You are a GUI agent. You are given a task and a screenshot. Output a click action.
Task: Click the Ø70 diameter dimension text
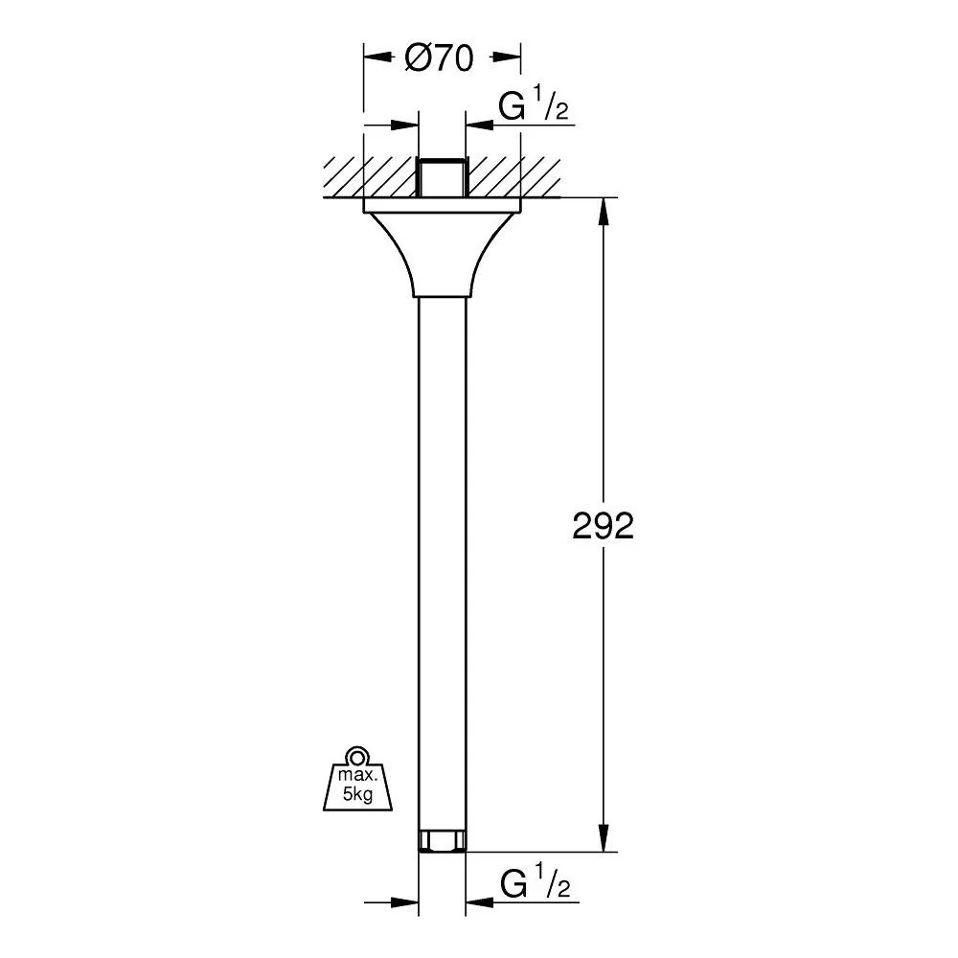pos(439,58)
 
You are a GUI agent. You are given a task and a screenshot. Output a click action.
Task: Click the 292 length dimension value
pos(603,525)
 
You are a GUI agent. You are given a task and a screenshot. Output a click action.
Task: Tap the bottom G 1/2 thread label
pos(535,880)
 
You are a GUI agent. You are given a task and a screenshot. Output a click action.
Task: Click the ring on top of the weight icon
pos(356,756)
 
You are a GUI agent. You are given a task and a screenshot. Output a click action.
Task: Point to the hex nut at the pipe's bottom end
pos(442,841)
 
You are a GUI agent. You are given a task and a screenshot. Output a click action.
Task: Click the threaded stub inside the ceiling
pos(442,177)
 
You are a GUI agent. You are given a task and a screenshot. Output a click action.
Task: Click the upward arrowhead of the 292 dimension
pos(603,212)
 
